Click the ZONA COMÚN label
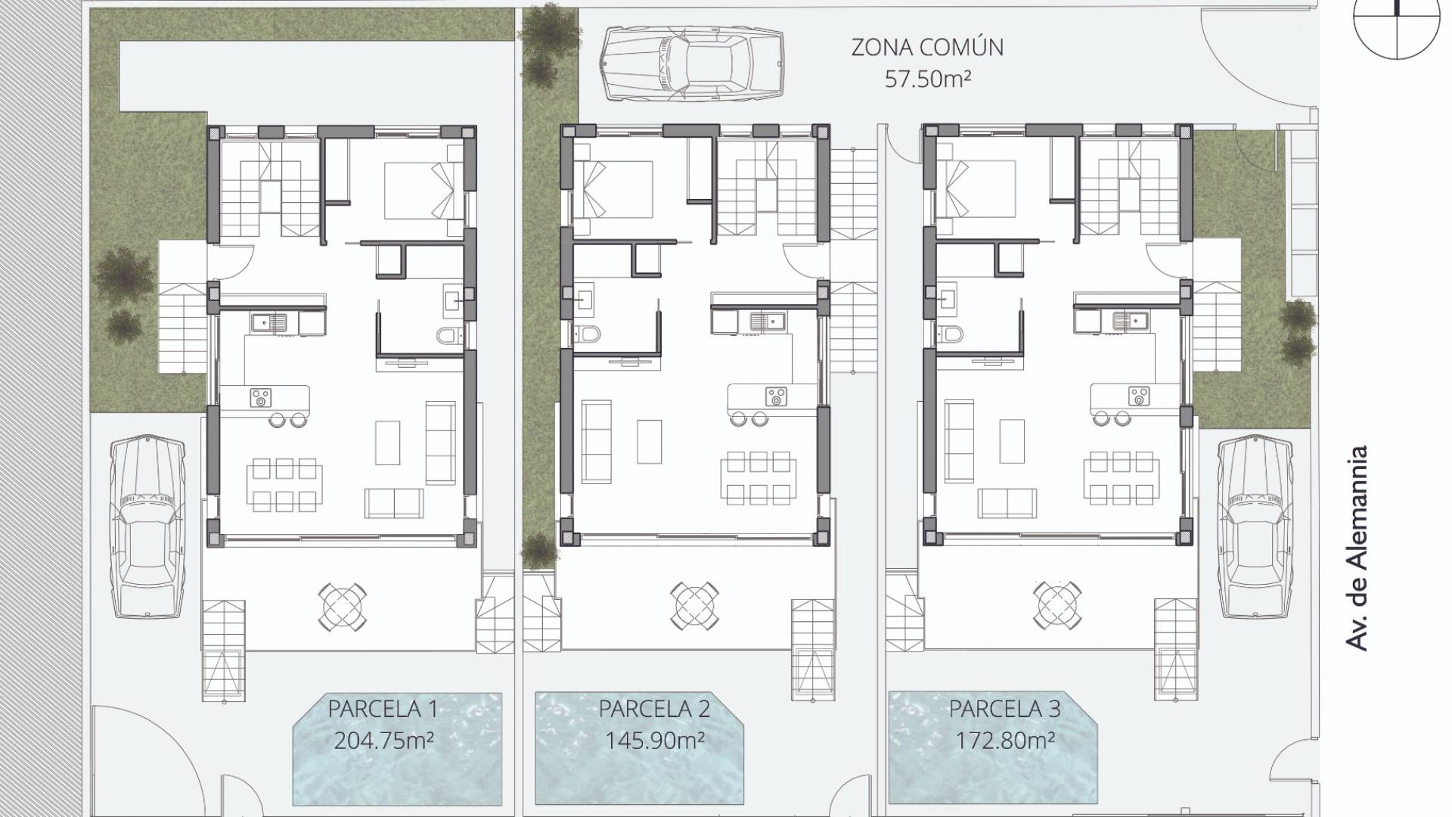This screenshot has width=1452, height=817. click(927, 47)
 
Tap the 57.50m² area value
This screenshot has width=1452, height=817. click(927, 79)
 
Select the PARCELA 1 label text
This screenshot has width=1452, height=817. click(382, 709)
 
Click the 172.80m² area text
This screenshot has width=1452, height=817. click(1004, 740)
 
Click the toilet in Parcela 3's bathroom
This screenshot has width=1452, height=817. click(953, 334)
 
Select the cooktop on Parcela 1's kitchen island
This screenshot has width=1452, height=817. click(262, 396)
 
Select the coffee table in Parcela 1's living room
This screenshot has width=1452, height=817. click(387, 441)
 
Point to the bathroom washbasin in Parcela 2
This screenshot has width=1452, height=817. click(583, 298)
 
